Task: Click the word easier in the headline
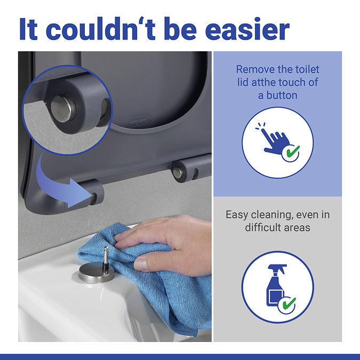[x=247, y=29]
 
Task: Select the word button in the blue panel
[x=282, y=95]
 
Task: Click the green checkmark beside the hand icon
[x=292, y=151]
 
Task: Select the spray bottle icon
[x=276, y=285]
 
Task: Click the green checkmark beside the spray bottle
[x=289, y=303]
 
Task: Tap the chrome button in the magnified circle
[x=62, y=108]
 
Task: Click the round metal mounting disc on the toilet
[x=96, y=273]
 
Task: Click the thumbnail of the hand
[x=141, y=264]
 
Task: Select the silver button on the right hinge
[x=177, y=172]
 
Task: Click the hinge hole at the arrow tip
[x=94, y=198]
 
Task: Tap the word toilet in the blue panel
[x=307, y=69]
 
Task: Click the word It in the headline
[x=28, y=29]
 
